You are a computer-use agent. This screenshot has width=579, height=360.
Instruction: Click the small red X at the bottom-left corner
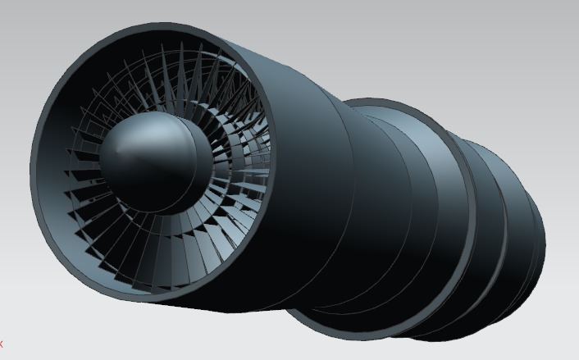(x=2, y=344)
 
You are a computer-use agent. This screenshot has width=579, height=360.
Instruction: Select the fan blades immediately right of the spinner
(x=234, y=164)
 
